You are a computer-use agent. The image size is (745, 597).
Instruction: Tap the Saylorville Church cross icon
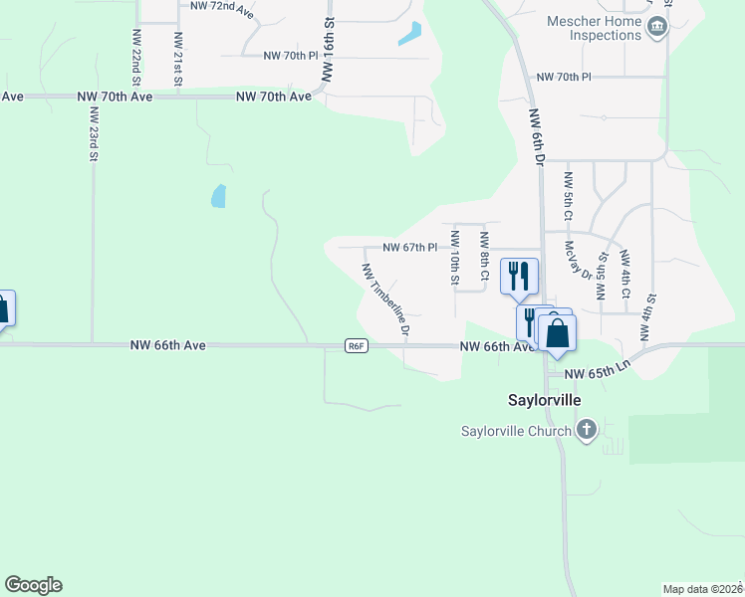(587, 430)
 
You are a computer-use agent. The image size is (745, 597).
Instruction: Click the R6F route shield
(358, 345)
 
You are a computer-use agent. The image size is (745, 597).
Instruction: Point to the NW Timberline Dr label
(386, 301)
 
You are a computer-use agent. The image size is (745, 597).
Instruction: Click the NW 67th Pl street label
(410, 248)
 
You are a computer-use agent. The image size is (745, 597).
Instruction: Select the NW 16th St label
(326, 47)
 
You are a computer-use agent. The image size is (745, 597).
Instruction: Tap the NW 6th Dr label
(538, 136)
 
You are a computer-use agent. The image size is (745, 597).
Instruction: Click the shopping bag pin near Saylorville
(557, 333)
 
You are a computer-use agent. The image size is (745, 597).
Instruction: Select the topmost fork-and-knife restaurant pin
(518, 275)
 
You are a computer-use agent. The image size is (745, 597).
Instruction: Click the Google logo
(33, 585)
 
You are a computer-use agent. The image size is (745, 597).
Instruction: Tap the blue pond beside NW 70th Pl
(409, 34)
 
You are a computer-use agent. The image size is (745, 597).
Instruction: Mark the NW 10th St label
(454, 258)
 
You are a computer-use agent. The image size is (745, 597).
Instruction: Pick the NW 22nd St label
(135, 56)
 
